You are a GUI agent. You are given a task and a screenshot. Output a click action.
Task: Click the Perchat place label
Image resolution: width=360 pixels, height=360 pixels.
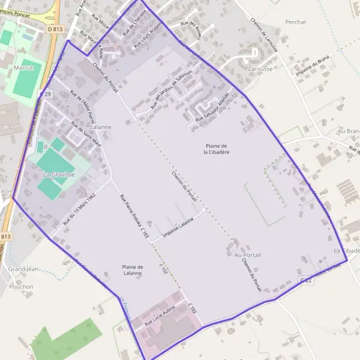coord(296,22)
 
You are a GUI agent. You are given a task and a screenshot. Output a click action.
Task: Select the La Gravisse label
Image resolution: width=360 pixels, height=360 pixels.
coord(59,175)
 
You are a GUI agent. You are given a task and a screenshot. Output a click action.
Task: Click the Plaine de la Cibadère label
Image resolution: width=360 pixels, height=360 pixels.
coord(217,149)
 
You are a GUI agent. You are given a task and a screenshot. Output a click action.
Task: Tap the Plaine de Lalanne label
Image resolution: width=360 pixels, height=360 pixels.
coord(132,270)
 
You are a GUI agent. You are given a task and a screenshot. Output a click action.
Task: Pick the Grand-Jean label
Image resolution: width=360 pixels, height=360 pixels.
coord(23,269)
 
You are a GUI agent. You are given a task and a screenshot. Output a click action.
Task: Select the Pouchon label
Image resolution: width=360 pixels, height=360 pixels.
coord(22,287)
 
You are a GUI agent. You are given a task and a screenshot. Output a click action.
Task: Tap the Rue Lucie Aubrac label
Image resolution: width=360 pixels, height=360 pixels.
coord(158,319)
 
